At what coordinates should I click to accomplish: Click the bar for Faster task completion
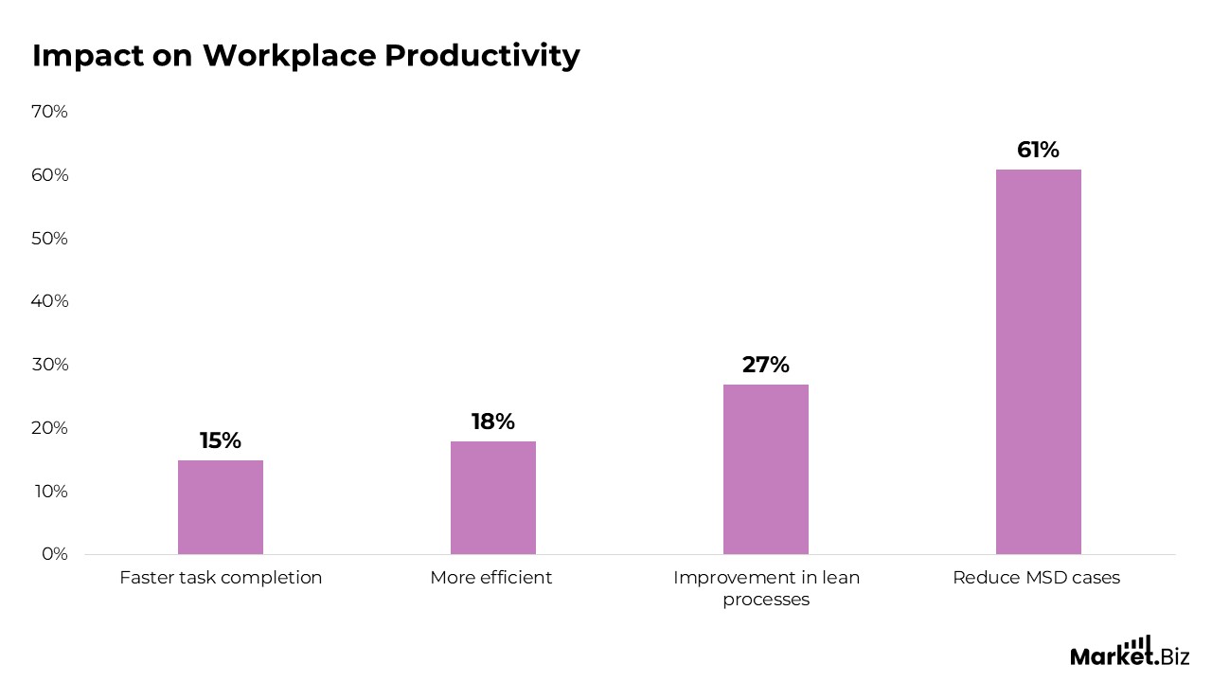[220, 507]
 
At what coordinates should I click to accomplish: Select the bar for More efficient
[492, 497]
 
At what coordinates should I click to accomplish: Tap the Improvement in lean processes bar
[765, 469]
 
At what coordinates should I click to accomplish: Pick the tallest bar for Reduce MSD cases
[1038, 362]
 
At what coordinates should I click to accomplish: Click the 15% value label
[220, 440]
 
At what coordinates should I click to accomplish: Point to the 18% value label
[492, 422]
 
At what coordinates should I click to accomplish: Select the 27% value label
[765, 365]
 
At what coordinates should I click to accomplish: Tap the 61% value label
[1038, 150]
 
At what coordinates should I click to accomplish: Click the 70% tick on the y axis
[49, 112]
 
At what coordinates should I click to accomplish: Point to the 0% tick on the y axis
[55, 553]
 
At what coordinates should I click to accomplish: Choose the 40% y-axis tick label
[49, 301]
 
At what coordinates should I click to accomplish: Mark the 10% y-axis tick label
[50, 491]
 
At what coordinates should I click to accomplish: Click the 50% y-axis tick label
[49, 238]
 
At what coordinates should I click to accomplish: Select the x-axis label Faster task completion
[221, 578]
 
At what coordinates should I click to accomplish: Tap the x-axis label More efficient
[490, 578]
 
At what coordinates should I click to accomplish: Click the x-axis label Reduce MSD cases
[1036, 578]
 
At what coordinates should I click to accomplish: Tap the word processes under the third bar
[766, 600]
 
